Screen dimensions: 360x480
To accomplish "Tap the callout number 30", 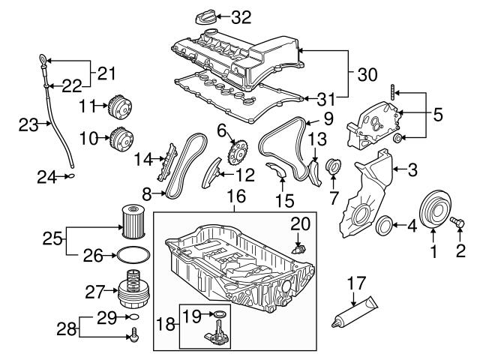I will coord(367,75).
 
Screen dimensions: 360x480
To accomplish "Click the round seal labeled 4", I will coord(385,224).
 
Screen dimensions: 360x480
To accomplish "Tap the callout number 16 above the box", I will coord(235,197).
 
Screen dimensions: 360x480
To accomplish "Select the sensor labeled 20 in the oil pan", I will coord(299,247).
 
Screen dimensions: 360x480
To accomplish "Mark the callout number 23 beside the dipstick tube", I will coord(28,125).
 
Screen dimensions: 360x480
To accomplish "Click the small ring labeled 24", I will coord(70,177).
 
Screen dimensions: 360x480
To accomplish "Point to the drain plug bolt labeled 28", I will coord(134,337).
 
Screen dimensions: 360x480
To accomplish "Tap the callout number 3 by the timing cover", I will coord(412,170).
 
